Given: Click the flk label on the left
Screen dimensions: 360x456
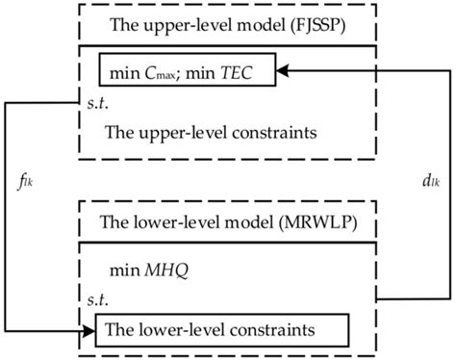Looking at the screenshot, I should click(x=24, y=177).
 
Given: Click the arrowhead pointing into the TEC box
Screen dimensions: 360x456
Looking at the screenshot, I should click(x=284, y=69).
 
